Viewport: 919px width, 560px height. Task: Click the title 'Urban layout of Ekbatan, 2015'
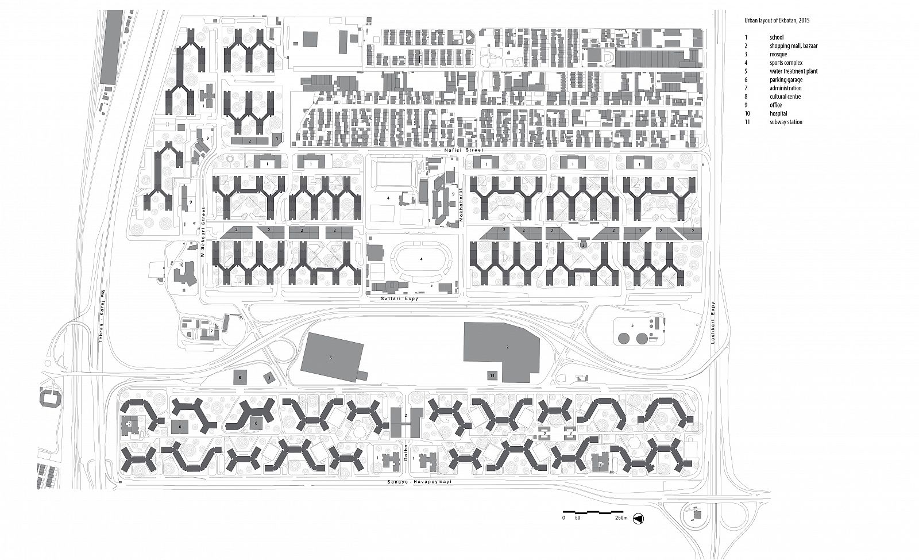tap(777, 32)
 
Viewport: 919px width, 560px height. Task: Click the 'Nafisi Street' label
tap(464, 150)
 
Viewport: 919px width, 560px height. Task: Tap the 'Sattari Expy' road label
tap(399, 298)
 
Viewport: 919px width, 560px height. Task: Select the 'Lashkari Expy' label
tap(713, 328)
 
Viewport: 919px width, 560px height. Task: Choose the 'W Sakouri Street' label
tap(202, 232)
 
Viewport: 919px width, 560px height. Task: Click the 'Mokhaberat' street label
tap(461, 205)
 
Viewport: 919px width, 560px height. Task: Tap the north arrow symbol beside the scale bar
tap(638, 519)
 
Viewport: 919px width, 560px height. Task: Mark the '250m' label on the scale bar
tap(621, 517)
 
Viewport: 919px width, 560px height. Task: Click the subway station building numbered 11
tap(492, 375)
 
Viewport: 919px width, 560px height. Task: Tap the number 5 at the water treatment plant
tap(632, 325)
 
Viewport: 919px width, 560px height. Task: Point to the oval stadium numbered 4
tap(422, 259)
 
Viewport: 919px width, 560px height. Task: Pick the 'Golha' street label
tap(406, 454)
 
